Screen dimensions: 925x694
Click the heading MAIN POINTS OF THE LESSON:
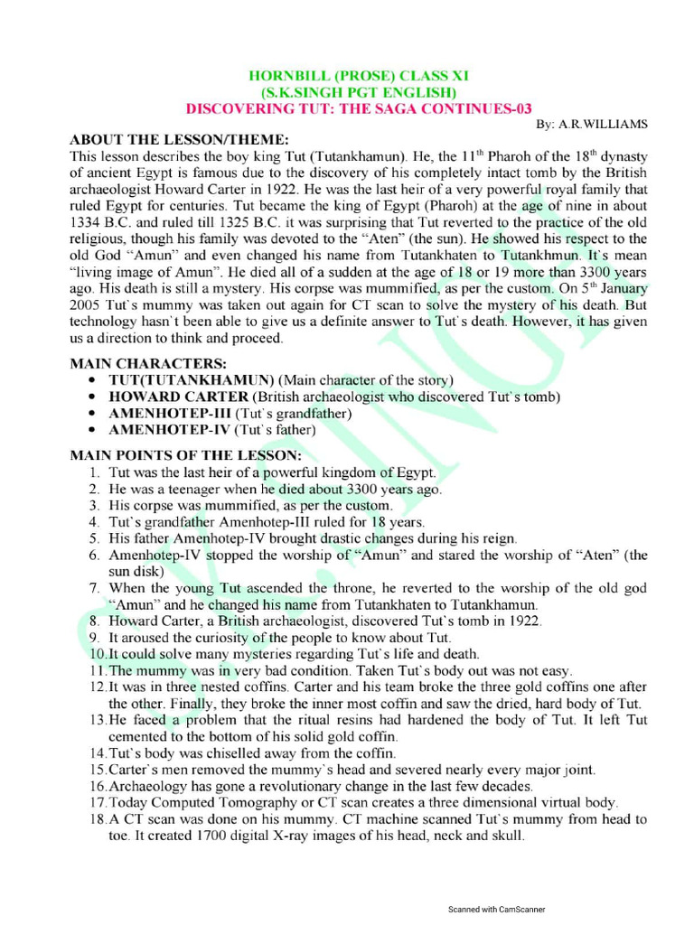[x=186, y=455]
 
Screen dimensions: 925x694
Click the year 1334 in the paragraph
[x=87, y=223]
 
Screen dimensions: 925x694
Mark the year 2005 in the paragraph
[x=87, y=305]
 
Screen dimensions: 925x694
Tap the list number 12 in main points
[x=97, y=687]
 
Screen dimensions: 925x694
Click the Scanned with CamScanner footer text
[x=497, y=910]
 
